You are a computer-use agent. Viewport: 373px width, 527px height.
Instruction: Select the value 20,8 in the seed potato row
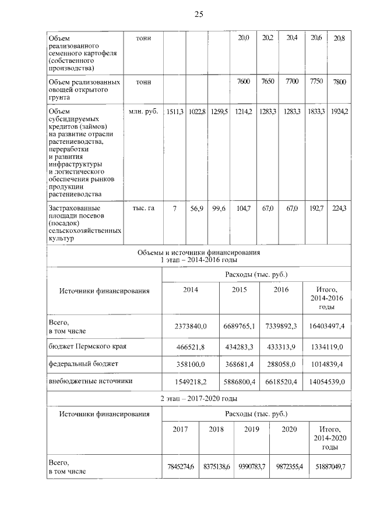339,38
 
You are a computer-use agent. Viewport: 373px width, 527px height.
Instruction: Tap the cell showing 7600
244,82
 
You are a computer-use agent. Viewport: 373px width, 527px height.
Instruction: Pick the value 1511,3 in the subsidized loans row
174,111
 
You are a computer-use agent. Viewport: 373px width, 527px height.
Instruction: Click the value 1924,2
339,111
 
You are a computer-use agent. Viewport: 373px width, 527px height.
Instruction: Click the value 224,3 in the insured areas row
339,208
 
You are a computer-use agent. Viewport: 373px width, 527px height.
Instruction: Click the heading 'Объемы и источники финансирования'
198,253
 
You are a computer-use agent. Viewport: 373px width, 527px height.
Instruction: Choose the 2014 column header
191,289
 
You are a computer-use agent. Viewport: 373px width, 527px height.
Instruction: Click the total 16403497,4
326,326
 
